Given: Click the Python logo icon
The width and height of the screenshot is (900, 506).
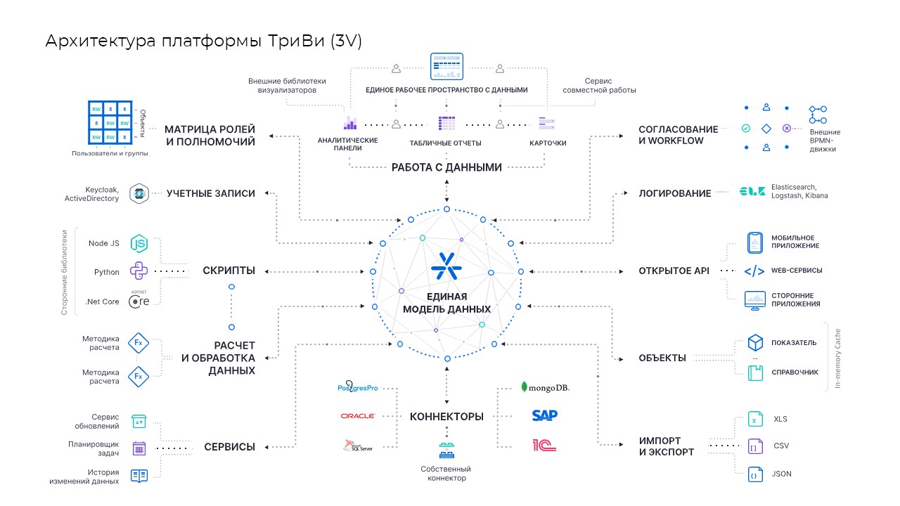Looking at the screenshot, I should (139, 271).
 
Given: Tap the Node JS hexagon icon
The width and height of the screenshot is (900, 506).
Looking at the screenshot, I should (139, 243).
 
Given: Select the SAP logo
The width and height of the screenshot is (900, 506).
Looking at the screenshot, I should (545, 415).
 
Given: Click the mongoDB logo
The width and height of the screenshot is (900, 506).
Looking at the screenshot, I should (545, 387).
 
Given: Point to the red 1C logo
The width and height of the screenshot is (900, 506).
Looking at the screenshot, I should (545, 444).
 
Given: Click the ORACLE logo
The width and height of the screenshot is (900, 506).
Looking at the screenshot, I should (357, 416).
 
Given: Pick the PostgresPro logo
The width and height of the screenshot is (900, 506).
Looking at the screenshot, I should (357, 387).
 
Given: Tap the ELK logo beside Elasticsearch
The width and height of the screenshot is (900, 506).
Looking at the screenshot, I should (752, 191).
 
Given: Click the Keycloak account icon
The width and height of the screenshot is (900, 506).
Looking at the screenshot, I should (139, 193).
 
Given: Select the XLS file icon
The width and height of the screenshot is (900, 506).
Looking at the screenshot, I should (754, 419).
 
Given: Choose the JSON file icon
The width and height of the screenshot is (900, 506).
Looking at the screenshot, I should (754, 474).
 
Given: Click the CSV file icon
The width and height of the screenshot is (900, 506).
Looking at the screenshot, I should (754, 446).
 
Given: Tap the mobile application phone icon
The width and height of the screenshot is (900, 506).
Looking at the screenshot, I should (754, 242).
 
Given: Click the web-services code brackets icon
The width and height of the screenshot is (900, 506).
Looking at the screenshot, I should (754, 271).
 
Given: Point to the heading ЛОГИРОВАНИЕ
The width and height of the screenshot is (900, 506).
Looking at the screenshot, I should (674, 193).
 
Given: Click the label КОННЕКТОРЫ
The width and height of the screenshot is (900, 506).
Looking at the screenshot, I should (446, 417).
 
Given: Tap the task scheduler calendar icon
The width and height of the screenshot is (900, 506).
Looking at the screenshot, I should (139, 448).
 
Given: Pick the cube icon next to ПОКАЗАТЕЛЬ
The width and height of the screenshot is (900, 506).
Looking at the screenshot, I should (755, 342).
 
